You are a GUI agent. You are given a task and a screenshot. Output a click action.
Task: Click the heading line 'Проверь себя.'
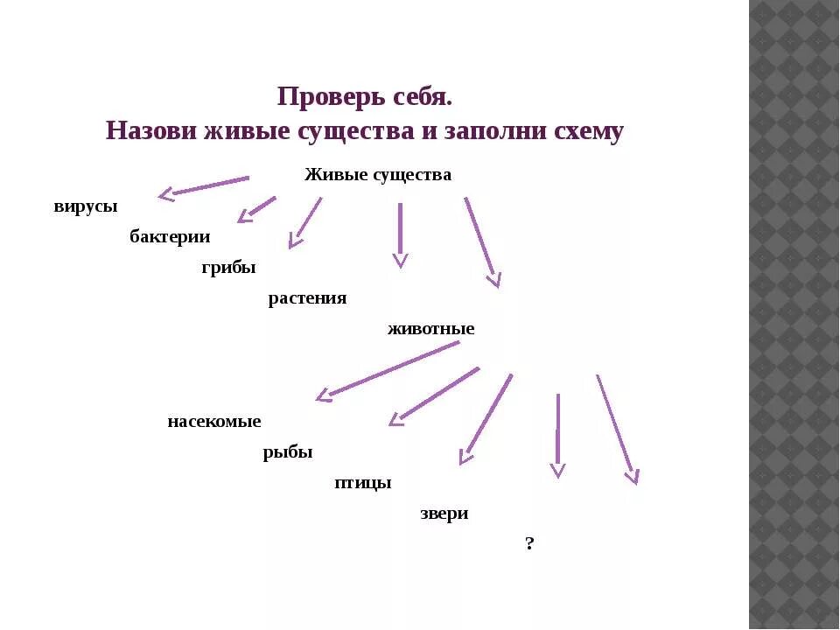coord(364,96)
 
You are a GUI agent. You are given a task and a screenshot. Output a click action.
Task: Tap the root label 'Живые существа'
coord(378,175)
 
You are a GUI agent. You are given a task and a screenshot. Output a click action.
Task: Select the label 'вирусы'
coord(85,206)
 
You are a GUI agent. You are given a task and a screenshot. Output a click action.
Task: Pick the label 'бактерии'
coord(170,236)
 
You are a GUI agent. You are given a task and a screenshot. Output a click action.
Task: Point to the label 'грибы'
coord(228,268)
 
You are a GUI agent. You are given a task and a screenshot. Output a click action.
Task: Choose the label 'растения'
coord(307,298)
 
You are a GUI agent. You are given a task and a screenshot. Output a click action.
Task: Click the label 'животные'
coord(430,329)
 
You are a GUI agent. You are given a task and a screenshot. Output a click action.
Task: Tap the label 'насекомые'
coord(214,422)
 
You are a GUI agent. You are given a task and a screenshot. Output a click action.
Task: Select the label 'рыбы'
coord(288,452)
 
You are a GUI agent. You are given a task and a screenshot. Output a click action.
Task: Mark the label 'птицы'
coord(362,483)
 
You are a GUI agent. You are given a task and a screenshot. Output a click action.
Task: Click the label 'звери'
coord(444,514)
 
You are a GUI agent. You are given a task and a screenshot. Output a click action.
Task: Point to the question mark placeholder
coord(529,544)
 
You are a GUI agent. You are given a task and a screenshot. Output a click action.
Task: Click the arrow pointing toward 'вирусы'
coord(203,186)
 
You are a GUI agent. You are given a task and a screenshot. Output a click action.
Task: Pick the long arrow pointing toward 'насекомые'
coord(387,370)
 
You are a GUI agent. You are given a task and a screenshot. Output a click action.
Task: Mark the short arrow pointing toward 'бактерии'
coord(256,209)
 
